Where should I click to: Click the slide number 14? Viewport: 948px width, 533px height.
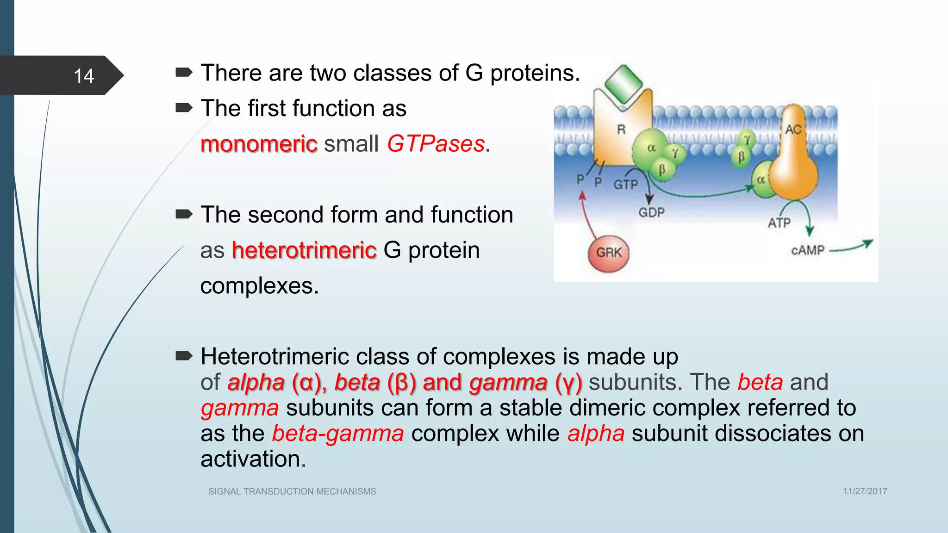tap(84, 76)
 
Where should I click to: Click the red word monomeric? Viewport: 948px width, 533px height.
tap(259, 144)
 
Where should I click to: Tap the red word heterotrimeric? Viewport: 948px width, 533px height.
tap(304, 250)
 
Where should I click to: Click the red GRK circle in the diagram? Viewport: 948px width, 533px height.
tap(608, 253)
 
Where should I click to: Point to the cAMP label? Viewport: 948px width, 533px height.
tap(808, 250)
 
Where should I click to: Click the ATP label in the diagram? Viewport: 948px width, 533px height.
tap(779, 223)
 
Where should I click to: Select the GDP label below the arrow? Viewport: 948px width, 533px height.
tap(651, 213)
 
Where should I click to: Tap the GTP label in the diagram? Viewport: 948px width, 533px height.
tap(625, 185)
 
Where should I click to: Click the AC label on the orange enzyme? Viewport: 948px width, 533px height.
tap(793, 130)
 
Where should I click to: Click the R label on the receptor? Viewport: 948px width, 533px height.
tap(621, 130)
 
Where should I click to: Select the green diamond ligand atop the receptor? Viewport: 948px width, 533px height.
tap(624, 84)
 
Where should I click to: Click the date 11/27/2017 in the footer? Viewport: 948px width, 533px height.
tap(865, 491)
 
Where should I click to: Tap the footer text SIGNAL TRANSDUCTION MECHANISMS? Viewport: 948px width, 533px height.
tap(292, 491)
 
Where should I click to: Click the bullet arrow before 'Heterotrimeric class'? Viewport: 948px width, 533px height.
tap(184, 356)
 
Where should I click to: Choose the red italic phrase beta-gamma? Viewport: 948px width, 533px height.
tap(338, 434)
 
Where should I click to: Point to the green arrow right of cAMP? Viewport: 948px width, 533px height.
tap(852, 247)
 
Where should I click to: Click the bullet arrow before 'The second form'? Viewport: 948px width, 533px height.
tap(184, 214)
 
